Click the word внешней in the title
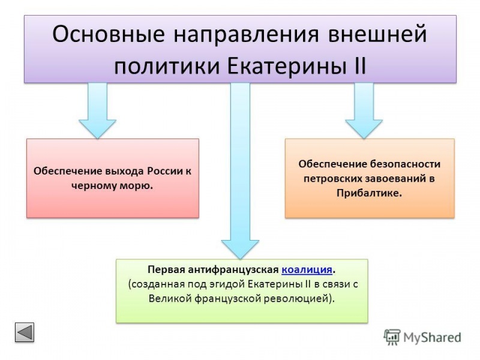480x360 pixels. pos(378,34)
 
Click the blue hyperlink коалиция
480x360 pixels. pos(306,269)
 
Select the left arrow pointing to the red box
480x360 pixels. pos(97,111)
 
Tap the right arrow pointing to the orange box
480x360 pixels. pos(364,111)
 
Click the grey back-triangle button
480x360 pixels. pos(25,332)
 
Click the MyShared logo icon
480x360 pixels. pos(392,337)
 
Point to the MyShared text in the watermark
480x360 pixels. pos(432,338)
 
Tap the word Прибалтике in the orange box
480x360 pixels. pos(369,193)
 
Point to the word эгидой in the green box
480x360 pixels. pos(208,283)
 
